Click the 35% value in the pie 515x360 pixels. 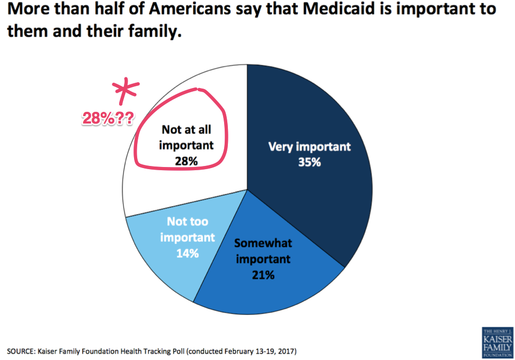click(309, 161)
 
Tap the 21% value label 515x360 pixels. click(263, 275)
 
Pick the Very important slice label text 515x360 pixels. click(309, 146)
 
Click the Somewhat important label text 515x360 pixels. click(263, 252)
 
